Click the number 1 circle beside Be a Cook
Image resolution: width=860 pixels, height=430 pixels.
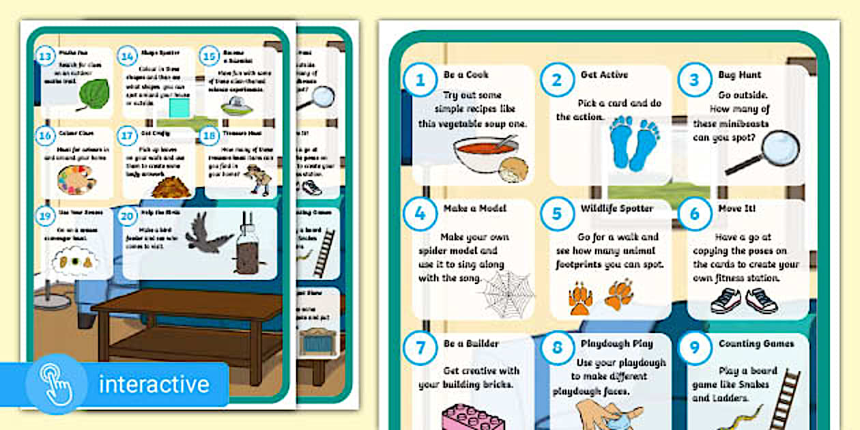tap(420, 80)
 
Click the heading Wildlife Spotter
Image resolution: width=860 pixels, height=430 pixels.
tap(616, 208)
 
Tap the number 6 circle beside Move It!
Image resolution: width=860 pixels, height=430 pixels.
tap(694, 214)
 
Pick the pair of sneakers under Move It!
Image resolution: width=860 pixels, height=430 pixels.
tap(743, 300)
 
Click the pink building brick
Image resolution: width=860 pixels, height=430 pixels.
tap(472, 416)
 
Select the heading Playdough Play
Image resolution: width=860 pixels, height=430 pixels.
tap(616, 343)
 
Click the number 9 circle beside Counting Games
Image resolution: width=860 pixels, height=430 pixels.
tap(694, 349)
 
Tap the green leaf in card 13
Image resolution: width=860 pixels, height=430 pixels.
tap(94, 94)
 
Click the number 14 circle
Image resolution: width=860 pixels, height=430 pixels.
tap(126, 57)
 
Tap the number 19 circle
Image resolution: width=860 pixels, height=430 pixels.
tap(45, 217)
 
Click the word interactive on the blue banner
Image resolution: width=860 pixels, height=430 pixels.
tap(154, 384)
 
